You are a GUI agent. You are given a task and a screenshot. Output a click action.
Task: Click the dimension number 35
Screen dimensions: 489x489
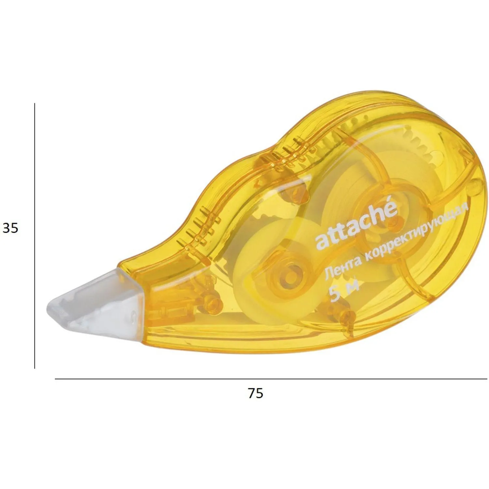10,228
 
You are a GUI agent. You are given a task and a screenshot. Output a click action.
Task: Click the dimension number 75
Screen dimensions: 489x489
255,393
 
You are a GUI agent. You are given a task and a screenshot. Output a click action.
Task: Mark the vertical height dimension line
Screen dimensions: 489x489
35,236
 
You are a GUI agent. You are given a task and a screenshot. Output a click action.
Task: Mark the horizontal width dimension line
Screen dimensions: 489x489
271,379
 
